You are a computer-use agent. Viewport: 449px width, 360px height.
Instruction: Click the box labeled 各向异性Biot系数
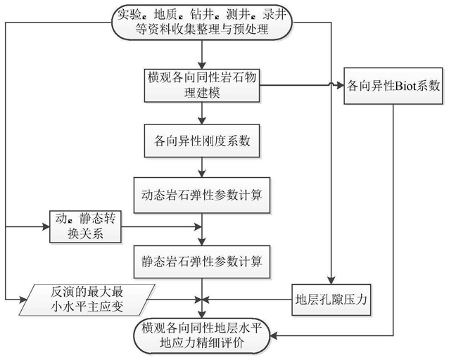tap(393, 86)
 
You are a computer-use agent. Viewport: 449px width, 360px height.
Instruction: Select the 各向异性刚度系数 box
tap(202, 141)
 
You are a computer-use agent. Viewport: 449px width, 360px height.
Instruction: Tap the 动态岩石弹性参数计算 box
tap(202, 195)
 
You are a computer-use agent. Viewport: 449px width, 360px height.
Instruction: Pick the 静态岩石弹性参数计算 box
tap(202, 262)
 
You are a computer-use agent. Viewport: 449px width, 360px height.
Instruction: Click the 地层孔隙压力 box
tap(331, 300)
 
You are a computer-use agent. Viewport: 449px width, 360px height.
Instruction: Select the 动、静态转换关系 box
tap(85, 227)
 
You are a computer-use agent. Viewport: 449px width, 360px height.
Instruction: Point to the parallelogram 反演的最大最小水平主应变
tap(87, 300)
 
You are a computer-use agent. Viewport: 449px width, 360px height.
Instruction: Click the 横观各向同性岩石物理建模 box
tap(202, 85)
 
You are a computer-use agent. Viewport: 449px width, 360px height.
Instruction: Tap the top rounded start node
tap(202, 22)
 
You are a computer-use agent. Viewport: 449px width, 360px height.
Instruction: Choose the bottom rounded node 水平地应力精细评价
tap(202, 335)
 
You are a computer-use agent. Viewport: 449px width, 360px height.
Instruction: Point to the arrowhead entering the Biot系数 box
tap(340, 85)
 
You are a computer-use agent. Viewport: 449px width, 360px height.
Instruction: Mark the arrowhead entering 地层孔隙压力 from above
tap(331, 281)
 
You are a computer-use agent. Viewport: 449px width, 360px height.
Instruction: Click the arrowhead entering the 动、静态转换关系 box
tap(46, 227)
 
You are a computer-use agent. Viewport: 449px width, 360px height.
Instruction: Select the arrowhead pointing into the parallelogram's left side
tap(23, 300)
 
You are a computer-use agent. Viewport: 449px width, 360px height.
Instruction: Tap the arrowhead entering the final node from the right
tap(274, 335)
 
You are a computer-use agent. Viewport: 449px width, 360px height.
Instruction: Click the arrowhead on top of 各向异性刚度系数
tap(202, 120)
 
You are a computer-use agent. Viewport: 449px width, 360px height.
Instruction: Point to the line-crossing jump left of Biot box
tap(331, 84)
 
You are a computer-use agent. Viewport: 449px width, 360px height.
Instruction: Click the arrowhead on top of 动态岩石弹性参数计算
tap(202, 174)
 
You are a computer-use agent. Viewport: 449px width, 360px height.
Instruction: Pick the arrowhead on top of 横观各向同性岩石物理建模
tap(202, 65)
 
